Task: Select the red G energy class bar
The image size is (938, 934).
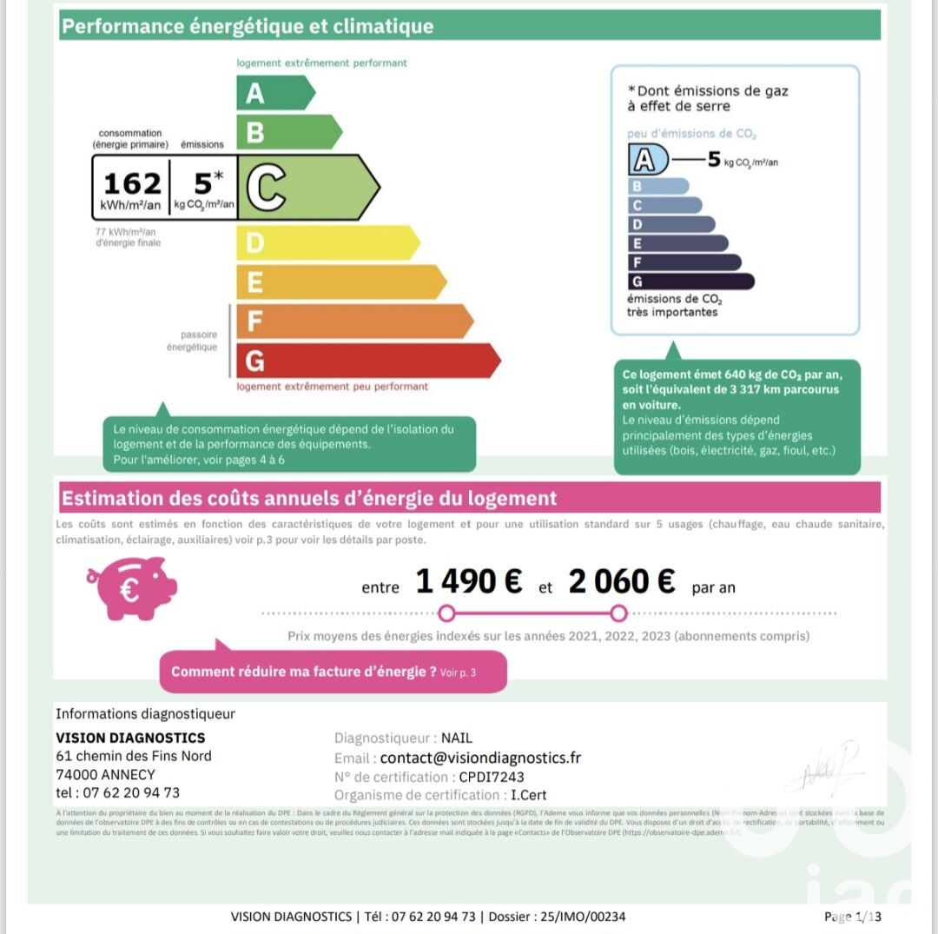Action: tap(365, 361)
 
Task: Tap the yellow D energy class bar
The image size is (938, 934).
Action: tap(326, 242)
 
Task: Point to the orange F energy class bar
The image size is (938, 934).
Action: tap(352, 321)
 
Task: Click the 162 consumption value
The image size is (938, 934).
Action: tap(132, 184)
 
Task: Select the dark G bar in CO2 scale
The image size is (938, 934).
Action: tap(690, 282)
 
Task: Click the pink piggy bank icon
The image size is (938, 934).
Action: tap(131, 587)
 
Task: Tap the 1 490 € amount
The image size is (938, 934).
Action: tap(469, 581)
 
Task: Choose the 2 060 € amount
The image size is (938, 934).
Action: tap(621, 581)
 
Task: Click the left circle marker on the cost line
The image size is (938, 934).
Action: tap(446, 614)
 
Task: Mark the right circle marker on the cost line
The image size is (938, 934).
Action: tap(618, 614)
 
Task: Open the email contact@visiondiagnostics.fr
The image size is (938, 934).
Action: tap(480, 758)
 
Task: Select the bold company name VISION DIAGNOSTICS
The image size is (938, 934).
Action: tap(130, 738)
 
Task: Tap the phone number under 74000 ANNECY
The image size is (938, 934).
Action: tap(117, 792)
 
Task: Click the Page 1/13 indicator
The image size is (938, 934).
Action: tap(851, 917)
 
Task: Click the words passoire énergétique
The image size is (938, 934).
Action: tap(192, 341)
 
